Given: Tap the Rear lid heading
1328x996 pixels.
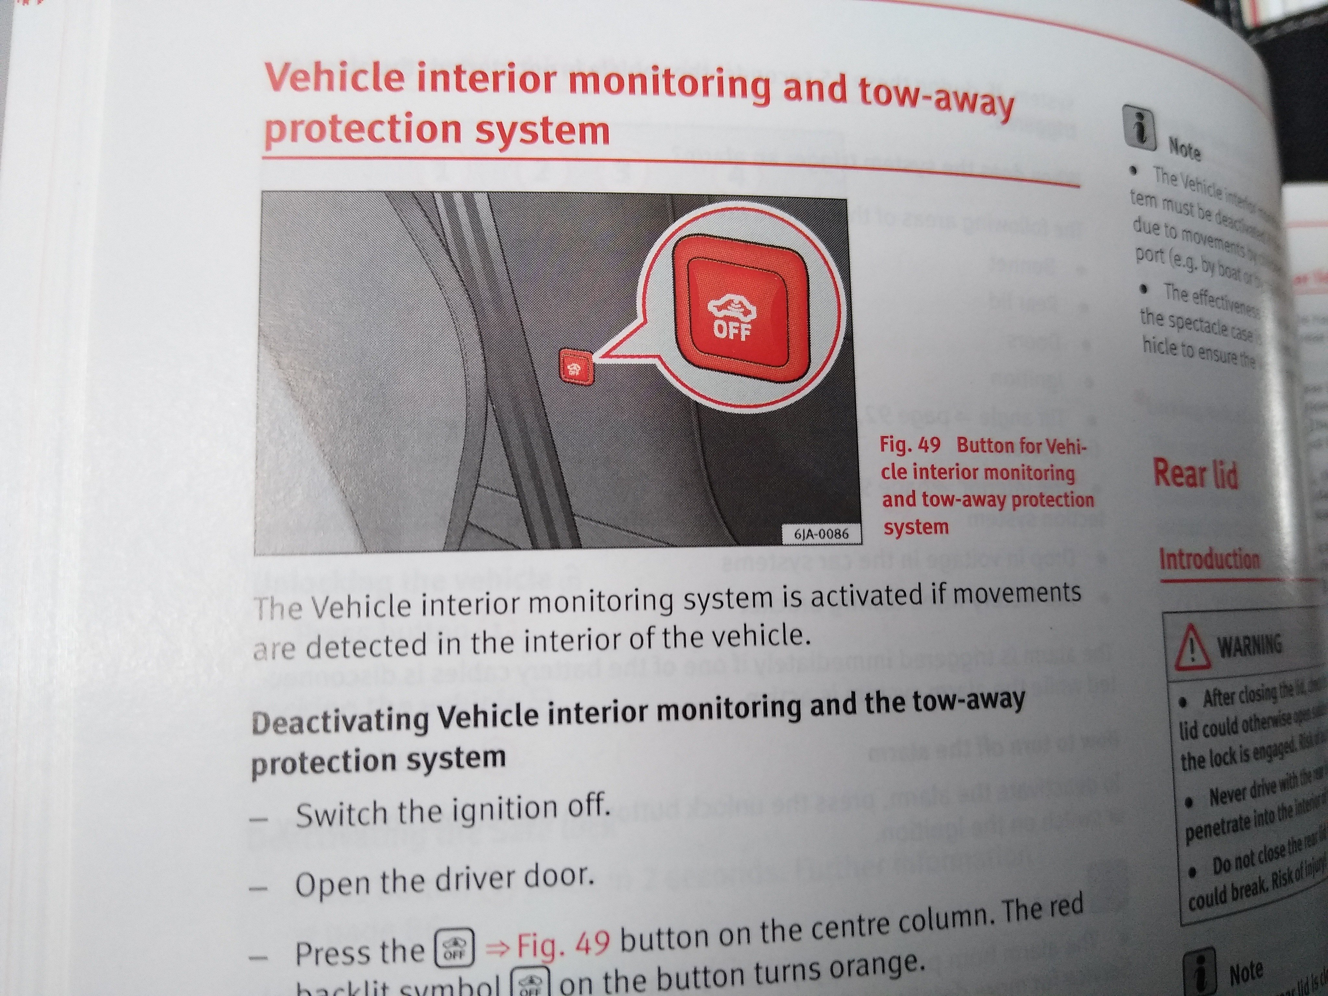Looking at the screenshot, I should (1195, 474).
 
